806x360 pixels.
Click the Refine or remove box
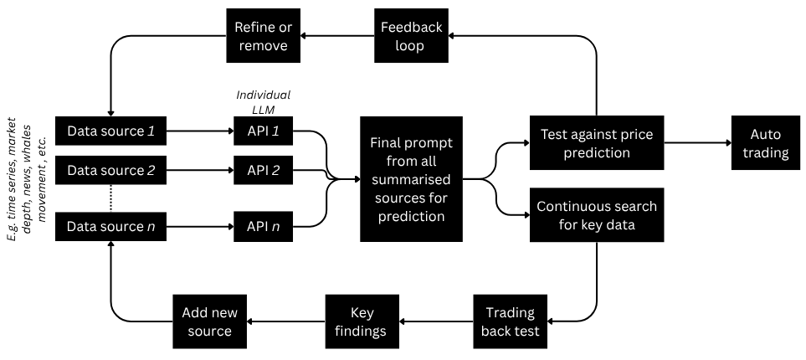point(260,36)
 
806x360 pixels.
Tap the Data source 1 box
point(110,131)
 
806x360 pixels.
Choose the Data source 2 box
point(110,171)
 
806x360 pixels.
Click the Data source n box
point(110,226)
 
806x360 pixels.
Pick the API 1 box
point(263,131)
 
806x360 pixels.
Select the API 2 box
point(263,171)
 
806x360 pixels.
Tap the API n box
point(263,226)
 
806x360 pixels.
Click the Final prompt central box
point(411,178)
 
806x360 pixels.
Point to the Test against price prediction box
point(596,143)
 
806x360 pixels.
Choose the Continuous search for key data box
point(596,215)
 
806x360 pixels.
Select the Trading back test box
point(510,321)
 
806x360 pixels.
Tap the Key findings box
point(362,321)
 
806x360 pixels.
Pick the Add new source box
point(209,321)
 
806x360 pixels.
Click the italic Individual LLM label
point(263,102)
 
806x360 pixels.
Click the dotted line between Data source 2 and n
point(110,198)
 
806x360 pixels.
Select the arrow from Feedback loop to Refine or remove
point(336,36)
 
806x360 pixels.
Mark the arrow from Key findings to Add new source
point(285,321)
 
